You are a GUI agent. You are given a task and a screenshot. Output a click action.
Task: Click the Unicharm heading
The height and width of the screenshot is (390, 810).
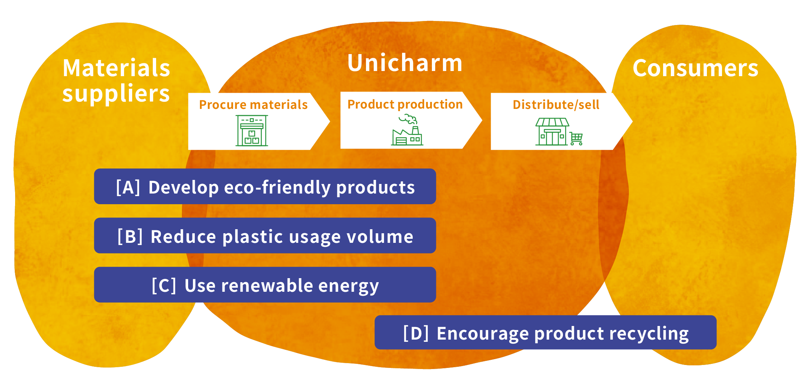coord(405,63)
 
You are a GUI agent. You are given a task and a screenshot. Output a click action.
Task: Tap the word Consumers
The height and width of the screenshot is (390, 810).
coord(695,68)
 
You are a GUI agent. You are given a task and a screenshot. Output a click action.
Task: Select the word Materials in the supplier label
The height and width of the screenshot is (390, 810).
coord(116,68)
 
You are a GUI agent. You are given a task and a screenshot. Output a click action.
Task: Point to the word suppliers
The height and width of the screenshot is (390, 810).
coord(116,93)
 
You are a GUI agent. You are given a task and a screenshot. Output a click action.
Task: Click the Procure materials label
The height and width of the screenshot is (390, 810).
coord(253,105)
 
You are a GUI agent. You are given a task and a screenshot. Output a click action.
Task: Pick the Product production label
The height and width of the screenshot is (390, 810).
coord(405,104)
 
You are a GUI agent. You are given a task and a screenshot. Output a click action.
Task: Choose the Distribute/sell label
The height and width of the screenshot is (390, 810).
coord(556,105)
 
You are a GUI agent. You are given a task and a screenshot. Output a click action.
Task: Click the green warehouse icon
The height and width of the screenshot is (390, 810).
coord(252,131)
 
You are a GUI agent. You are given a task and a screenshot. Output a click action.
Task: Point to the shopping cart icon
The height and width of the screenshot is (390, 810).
coord(576,139)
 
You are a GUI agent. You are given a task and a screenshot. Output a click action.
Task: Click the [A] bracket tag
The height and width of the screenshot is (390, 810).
coord(128,187)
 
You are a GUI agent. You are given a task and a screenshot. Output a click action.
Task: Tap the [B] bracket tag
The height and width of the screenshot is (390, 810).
coord(130,236)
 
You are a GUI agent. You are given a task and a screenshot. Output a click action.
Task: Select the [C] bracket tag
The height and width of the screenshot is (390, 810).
coord(164,286)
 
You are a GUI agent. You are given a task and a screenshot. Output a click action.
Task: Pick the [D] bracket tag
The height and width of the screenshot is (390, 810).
coord(416,333)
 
